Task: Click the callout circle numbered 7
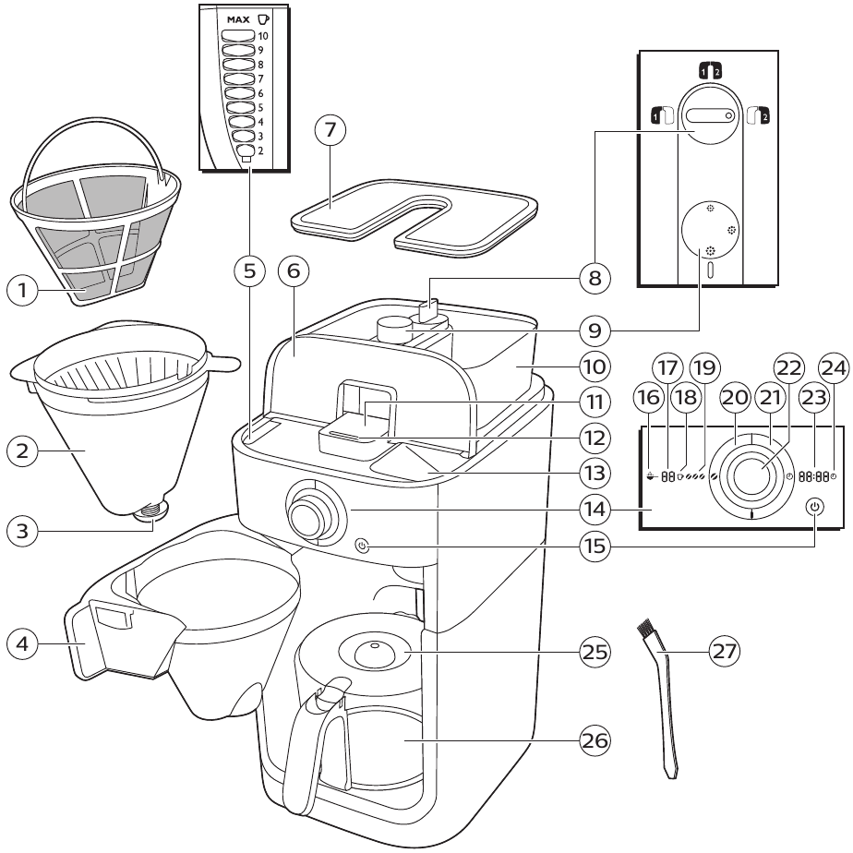tap(330, 132)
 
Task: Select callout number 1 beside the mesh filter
tap(23, 291)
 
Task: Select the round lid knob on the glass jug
tap(374, 648)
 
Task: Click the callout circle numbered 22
tap(787, 366)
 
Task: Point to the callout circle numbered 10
tap(595, 366)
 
